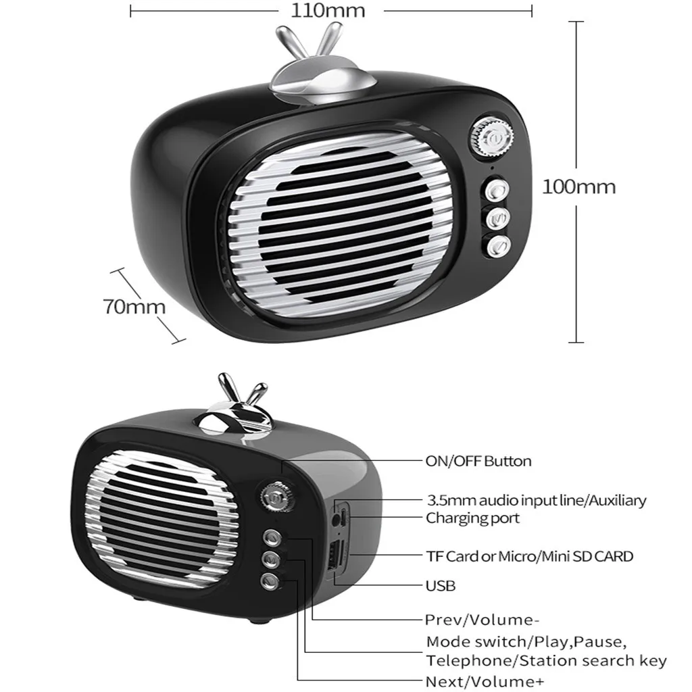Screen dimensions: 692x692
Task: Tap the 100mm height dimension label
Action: coord(579,187)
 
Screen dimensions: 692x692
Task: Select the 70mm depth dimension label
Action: coord(134,306)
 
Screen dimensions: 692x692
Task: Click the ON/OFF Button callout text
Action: coord(478,462)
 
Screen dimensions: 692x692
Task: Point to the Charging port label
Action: coord(472,518)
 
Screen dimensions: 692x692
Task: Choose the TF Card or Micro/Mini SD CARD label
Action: coord(529,557)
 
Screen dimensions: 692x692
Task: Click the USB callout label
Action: coord(440,585)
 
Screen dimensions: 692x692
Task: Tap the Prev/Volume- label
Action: coord(483,620)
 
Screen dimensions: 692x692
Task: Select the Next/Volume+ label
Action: coord(484,681)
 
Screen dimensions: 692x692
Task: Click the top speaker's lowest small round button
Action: coord(499,246)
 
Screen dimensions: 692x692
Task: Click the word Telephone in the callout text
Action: coord(460,661)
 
